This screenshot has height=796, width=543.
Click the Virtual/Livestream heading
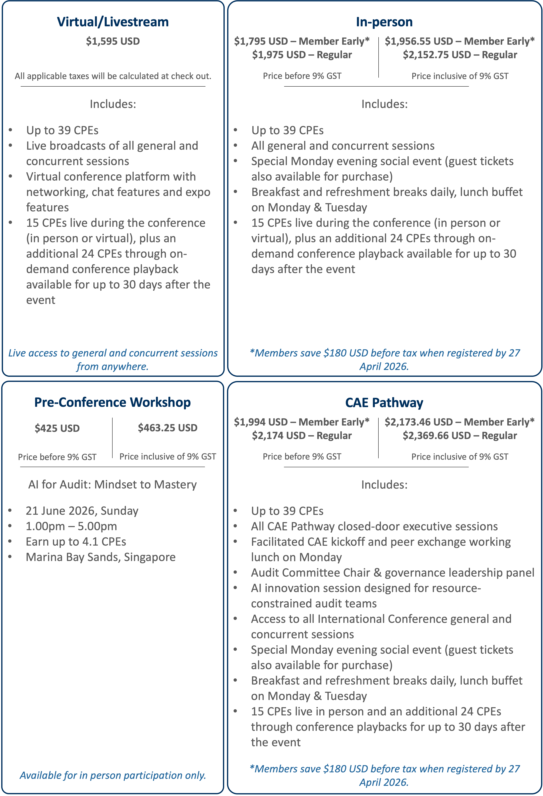click(113, 22)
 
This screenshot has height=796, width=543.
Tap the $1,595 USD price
click(113, 41)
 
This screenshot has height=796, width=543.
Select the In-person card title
click(384, 22)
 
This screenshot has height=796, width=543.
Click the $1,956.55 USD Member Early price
click(459, 41)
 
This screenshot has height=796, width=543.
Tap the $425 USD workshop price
click(57, 428)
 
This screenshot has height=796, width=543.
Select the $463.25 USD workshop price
click(168, 428)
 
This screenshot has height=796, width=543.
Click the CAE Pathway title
click(384, 403)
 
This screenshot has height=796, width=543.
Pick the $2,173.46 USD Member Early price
click(459, 422)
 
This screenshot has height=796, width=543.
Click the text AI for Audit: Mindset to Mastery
click(112, 485)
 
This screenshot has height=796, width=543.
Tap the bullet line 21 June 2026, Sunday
click(82, 511)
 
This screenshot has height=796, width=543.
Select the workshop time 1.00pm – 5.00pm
click(71, 526)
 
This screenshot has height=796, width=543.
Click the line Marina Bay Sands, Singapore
click(100, 557)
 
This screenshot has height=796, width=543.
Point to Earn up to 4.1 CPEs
click(76, 542)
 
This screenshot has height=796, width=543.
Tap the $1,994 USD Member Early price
click(301, 422)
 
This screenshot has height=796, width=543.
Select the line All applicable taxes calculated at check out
click(113, 76)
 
